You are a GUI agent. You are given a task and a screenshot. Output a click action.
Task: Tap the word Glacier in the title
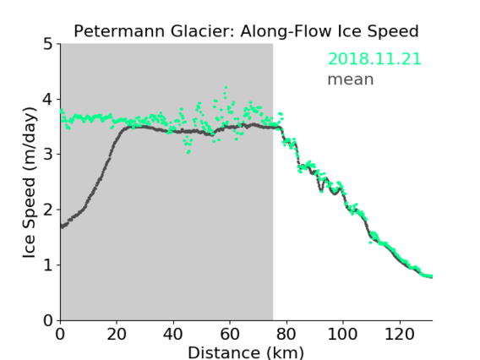click(x=203, y=31)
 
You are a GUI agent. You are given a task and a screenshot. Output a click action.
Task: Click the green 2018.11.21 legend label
click(x=374, y=59)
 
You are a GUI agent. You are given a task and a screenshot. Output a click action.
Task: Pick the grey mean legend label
click(x=351, y=79)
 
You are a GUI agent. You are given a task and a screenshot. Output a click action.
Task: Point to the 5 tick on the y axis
click(x=48, y=45)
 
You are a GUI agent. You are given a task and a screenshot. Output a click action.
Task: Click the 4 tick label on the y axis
click(x=47, y=100)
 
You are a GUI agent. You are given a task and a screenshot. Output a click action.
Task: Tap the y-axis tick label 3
click(x=48, y=155)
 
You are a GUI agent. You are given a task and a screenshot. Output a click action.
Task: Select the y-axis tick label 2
click(x=48, y=210)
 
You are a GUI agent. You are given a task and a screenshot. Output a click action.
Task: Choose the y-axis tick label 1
click(x=48, y=265)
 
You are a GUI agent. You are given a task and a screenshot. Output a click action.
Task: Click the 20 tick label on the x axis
click(x=117, y=334)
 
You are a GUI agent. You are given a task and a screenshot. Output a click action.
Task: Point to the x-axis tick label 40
click(x=173, y=334)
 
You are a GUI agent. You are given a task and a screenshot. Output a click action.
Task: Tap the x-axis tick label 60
click(x=230, y=334)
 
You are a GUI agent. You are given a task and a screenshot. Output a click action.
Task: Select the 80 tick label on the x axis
click(x=286, y=334)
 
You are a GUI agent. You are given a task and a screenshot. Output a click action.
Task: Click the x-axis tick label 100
click(x=342, y=334)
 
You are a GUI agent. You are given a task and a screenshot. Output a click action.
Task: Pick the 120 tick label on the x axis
click(x=399, y=334)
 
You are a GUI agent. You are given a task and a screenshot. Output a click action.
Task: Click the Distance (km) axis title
click(x=246, y=352)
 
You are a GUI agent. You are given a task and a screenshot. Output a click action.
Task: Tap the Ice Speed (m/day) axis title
click(x=30, y=183)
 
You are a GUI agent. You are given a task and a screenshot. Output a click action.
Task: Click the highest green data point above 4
click(x=226, y=88)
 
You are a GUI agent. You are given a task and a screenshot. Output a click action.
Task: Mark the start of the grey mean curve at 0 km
click(x=62, y=226)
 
